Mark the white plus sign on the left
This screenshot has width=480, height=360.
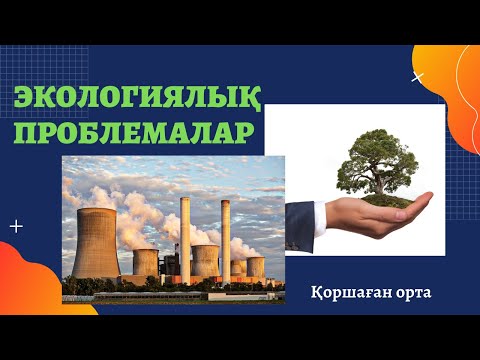click(x=16, y=227)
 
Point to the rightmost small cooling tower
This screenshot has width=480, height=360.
click(x=256, y=267)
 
